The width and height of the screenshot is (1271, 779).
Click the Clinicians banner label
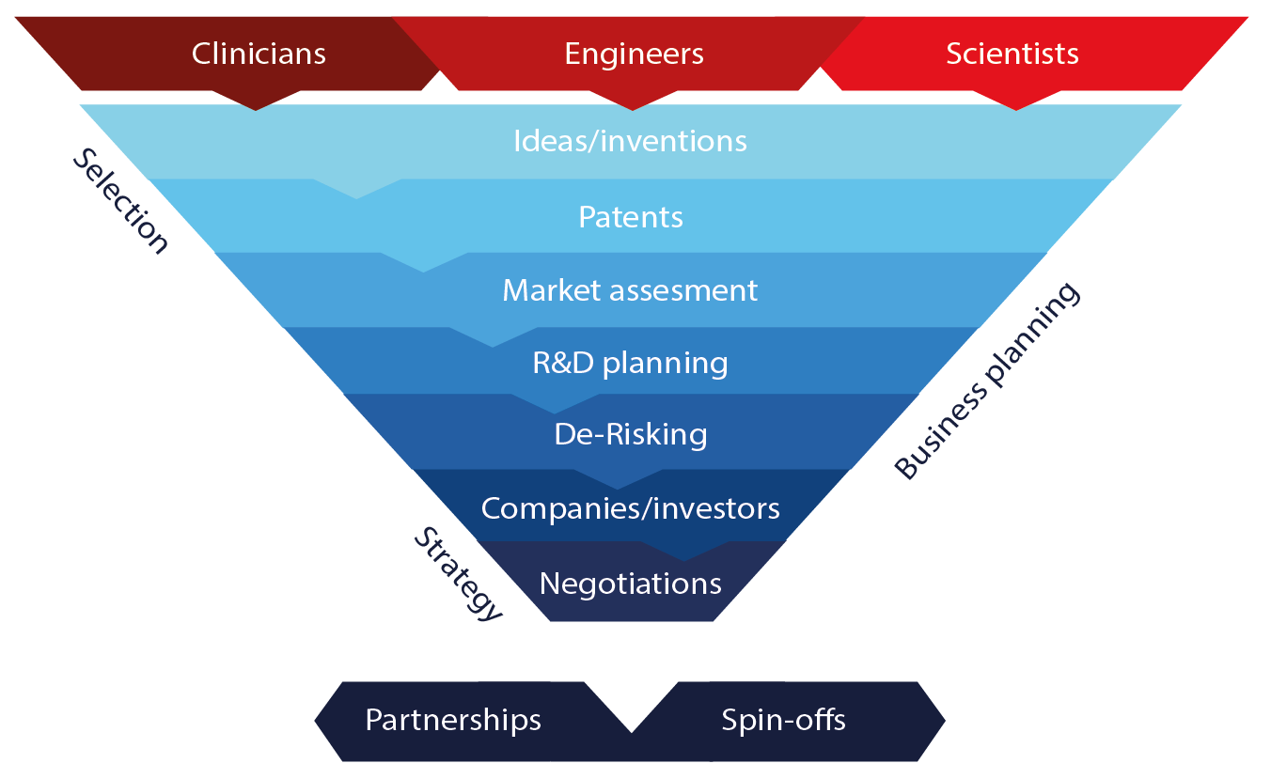259,54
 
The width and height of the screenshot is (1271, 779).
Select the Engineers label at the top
634,54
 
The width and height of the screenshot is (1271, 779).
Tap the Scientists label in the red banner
1012,54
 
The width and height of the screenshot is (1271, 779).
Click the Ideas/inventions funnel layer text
630,141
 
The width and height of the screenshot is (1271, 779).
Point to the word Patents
630,217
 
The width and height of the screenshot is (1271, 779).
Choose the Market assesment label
630,289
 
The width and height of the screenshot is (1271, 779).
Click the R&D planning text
630,363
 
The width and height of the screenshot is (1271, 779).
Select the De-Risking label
630,434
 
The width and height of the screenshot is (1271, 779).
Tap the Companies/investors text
630,508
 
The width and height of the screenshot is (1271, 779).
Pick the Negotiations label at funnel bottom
630,584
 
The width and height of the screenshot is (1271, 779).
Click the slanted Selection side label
121,201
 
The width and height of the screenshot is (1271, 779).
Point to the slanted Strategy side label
460,573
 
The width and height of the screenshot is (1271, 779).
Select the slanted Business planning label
987,381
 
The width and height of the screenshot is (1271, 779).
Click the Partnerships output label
453,721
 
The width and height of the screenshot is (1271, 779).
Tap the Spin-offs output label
783,721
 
